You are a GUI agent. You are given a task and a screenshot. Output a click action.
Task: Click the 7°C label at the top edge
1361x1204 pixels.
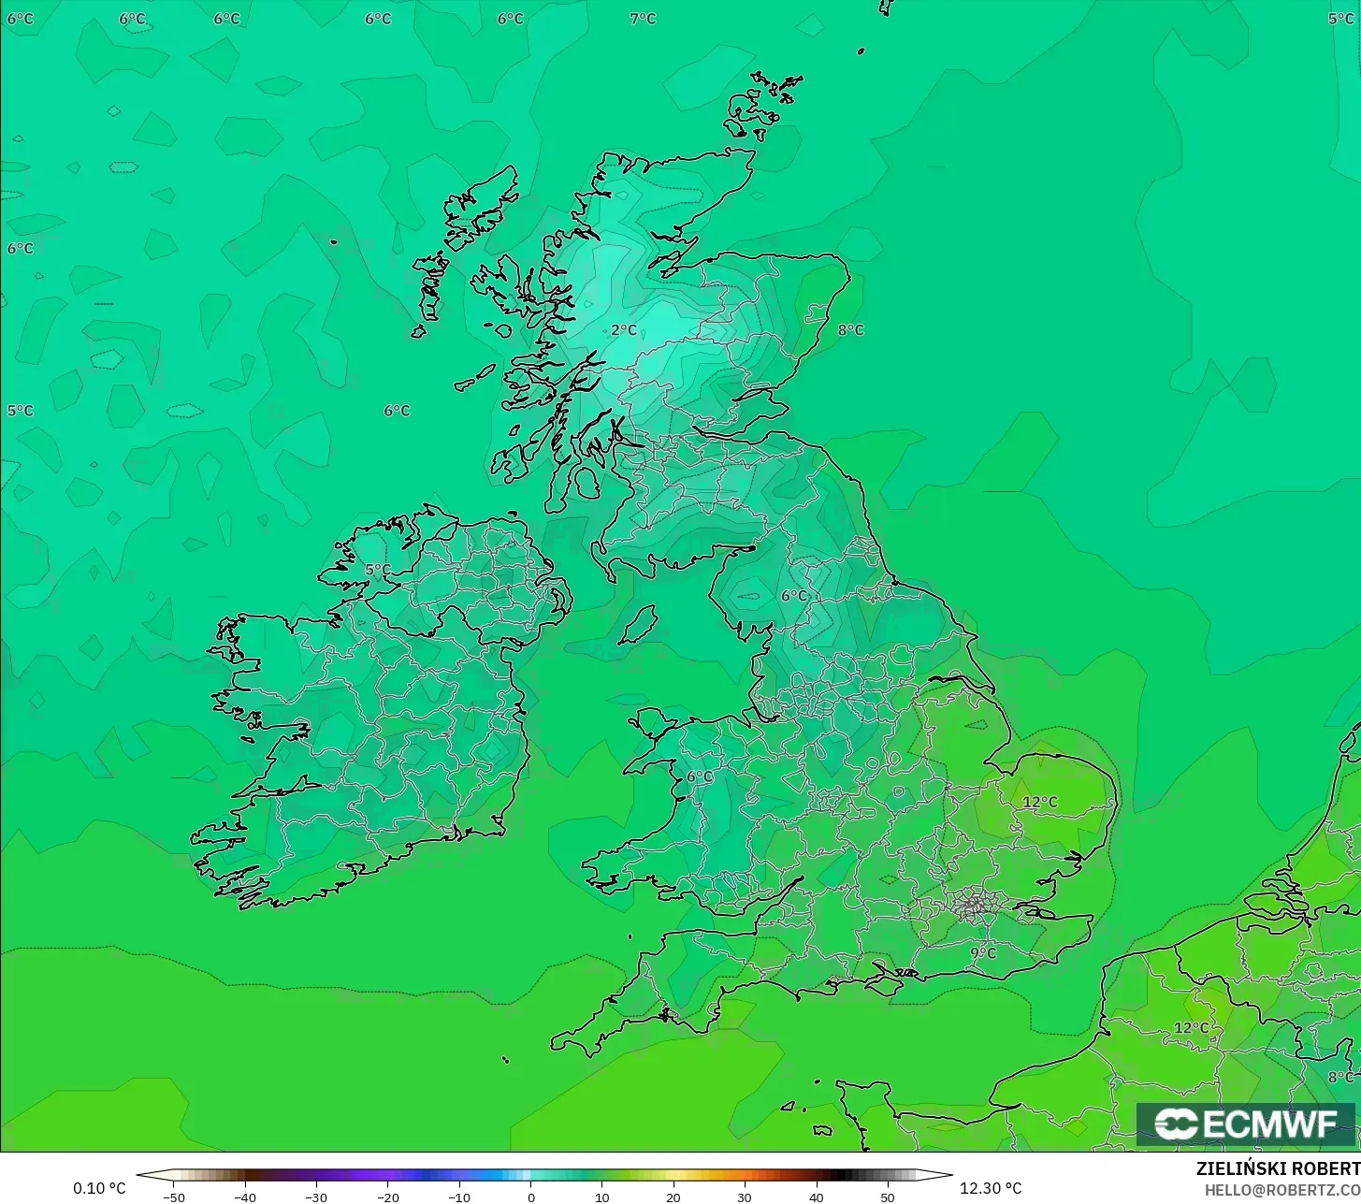643,19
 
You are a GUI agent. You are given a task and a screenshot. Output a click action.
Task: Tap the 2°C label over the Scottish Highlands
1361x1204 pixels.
624,330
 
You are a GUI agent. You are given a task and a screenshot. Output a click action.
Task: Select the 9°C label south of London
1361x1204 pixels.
983,953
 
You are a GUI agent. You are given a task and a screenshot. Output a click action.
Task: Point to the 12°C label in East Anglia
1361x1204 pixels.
1040,803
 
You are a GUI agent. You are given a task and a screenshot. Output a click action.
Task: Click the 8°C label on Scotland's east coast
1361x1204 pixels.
850,330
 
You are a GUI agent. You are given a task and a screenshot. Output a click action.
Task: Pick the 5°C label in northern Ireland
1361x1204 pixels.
378,570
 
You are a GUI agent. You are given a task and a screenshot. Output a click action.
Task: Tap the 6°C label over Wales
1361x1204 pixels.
699,776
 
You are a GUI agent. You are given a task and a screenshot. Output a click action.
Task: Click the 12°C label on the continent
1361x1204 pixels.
1191,1028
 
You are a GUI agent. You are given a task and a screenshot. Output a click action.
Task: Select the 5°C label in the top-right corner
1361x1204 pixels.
1340,19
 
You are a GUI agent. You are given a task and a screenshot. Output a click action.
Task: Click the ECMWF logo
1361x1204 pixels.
1245,1124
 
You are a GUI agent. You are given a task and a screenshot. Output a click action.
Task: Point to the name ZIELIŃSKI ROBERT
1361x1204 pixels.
1278,1169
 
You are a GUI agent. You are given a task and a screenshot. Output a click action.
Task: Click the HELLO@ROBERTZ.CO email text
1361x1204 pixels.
1281,1190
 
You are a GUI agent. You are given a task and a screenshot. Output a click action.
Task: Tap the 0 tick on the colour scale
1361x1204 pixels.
530,1197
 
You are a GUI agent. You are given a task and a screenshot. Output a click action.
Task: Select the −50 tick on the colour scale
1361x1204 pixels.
174,1197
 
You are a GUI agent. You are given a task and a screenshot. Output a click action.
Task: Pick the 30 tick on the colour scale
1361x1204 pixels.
745,1197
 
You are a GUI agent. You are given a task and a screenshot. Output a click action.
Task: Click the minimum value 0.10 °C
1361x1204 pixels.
99,1189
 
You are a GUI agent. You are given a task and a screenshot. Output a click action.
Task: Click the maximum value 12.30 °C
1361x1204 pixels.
991,1189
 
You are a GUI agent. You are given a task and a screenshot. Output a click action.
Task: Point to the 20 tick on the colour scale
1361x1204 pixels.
673,1197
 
